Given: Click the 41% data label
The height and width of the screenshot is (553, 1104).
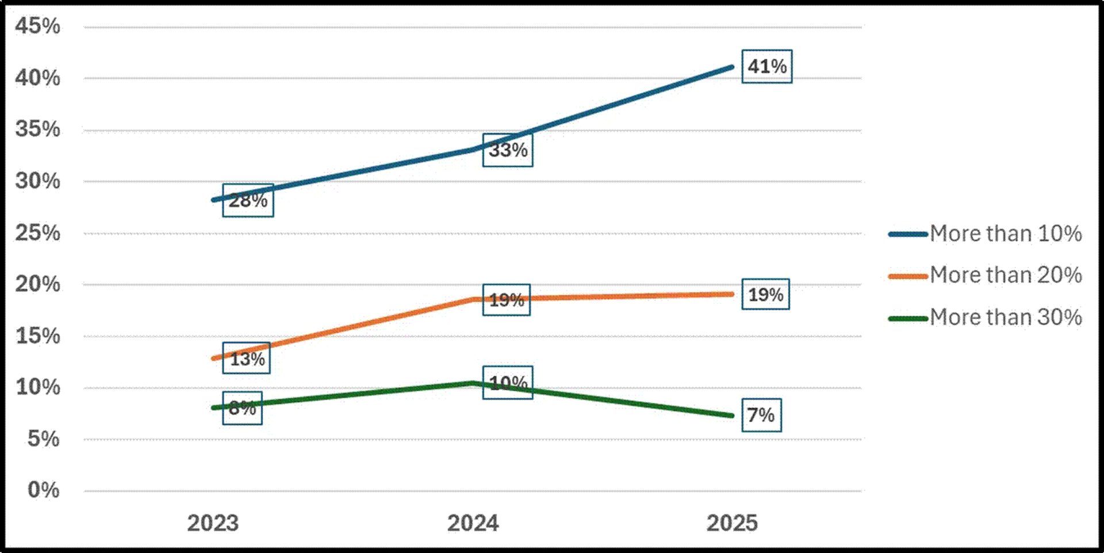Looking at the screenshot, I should coord(766,67).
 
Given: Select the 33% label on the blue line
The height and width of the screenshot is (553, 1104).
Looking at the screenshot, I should coord(507,150).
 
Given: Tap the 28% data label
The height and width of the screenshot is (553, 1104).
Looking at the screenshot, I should coord(248,200).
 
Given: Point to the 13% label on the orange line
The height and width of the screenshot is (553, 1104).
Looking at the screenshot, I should coord(247,359).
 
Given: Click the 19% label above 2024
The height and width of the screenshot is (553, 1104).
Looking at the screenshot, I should coord(506,300).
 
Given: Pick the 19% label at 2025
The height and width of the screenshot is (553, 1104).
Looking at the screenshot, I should coord(765,295).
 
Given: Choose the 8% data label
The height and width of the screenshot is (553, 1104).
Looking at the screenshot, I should coord(242,408).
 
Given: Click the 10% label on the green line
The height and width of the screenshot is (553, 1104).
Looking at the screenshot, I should coord(508,383).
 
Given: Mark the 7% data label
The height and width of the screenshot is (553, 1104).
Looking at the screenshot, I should coord(761,415).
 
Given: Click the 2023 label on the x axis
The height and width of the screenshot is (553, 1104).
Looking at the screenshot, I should coord(213,523).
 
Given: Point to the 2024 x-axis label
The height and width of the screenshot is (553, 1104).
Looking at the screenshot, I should coord(473,523).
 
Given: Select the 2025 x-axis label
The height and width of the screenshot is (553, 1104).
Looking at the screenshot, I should coord(732,523).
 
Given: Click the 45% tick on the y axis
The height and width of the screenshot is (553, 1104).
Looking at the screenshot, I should coord(37,26).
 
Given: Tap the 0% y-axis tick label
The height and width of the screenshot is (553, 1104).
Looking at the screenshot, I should coord(43,490).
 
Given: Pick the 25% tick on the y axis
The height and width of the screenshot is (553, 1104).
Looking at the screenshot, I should coord(37,232).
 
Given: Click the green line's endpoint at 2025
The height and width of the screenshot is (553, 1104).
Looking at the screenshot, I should coord(731,415).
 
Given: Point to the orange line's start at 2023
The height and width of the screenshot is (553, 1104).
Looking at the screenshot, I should coord(214,358).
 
